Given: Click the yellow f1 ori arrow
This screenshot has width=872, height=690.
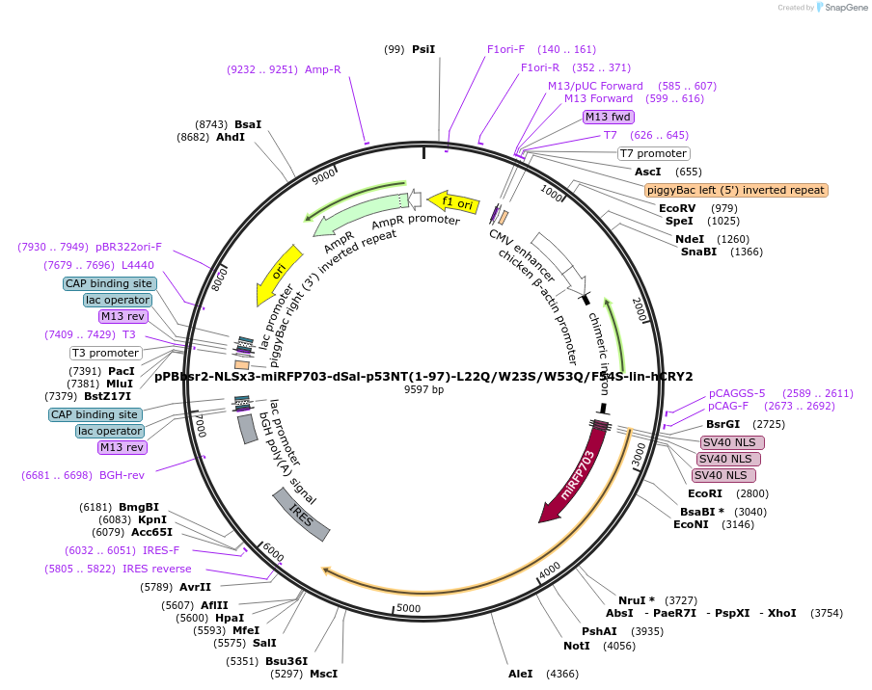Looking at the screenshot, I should (x=454, y=202).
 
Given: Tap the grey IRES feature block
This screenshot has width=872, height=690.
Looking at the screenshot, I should (x=301, y=514).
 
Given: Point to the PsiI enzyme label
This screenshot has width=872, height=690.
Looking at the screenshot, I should (x=423, y=49).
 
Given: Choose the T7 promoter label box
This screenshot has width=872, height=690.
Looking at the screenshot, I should (x=654, y=153).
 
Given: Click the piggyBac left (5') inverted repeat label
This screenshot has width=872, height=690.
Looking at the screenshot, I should (x=736, y=190).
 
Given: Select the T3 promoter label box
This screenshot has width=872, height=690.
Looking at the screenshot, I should (x=106, y=353).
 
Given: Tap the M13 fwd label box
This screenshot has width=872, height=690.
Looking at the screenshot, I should (x=609, y=118).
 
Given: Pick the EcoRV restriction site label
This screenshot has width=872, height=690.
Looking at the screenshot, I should (x=677, y=208).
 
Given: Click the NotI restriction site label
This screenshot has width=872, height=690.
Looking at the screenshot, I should (x=577, y=646).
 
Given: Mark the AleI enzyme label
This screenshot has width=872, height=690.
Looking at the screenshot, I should (x=521, y=674).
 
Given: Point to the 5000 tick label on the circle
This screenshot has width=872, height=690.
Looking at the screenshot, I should (x=409, y=608).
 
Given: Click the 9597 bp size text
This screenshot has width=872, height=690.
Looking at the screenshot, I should (x=423, y=390).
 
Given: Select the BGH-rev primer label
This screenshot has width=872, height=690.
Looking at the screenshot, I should (x=122, y=475).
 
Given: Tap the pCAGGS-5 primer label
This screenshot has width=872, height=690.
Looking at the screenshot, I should (x=737, y=393).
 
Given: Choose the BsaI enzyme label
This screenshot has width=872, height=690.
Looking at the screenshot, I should (x=248, y=124).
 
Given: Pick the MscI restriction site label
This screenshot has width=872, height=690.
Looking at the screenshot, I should (x=323, y=674).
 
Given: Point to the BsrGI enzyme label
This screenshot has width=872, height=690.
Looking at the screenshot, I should (x=723, y=423).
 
